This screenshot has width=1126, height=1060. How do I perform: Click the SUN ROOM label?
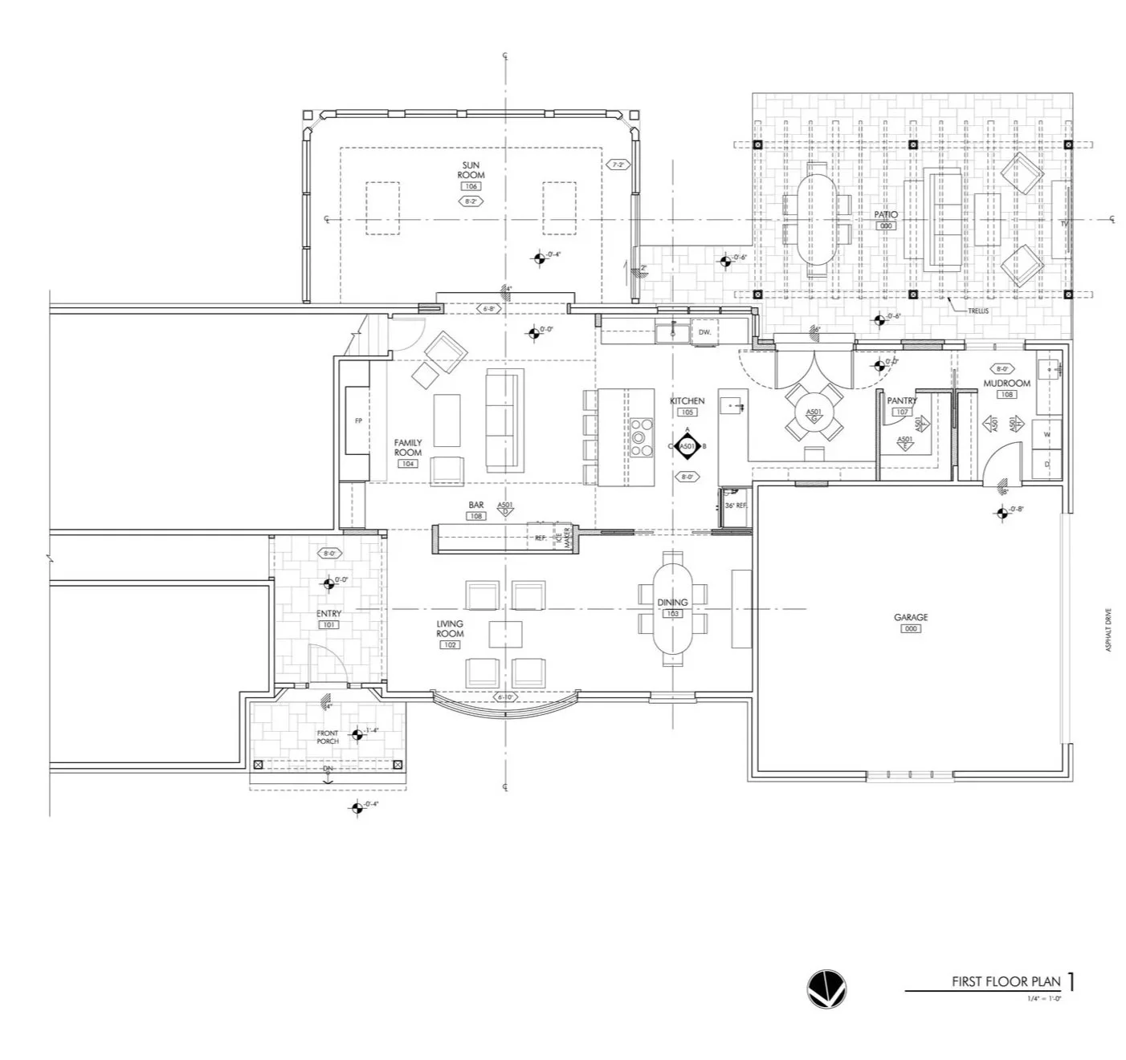(471, 170)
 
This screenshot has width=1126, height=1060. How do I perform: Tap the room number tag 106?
(471, 186)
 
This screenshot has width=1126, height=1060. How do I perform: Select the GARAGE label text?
(911, 617)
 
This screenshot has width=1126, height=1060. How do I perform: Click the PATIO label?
(886, 215)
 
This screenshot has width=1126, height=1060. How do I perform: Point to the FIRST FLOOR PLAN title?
(1006, 981)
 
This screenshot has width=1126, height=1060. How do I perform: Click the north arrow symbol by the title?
(826, 989)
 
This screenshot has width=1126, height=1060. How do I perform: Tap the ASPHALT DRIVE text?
(1109, 630)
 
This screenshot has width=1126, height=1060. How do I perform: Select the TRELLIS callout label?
(978, 311)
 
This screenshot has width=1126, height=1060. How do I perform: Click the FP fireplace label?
(359, 421)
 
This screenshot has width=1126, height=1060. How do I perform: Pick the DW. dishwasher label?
(704, 332)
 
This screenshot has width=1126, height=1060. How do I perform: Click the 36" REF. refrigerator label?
(736, 506)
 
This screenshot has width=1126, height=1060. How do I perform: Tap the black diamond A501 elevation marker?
(687, 446)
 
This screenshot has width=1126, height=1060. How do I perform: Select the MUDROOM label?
(1006, 384)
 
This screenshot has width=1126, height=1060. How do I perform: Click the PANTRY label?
(902, 400)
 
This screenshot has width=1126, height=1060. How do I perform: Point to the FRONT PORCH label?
(328, 737)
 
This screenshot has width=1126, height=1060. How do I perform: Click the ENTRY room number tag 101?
(328, 624)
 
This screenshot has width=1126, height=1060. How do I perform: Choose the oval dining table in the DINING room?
(673, 607)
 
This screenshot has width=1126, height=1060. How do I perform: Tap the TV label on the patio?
(1064, 224)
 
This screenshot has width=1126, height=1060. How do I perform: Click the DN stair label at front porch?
(328, 769)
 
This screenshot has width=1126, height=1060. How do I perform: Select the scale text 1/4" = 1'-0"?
(1044, 998)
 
